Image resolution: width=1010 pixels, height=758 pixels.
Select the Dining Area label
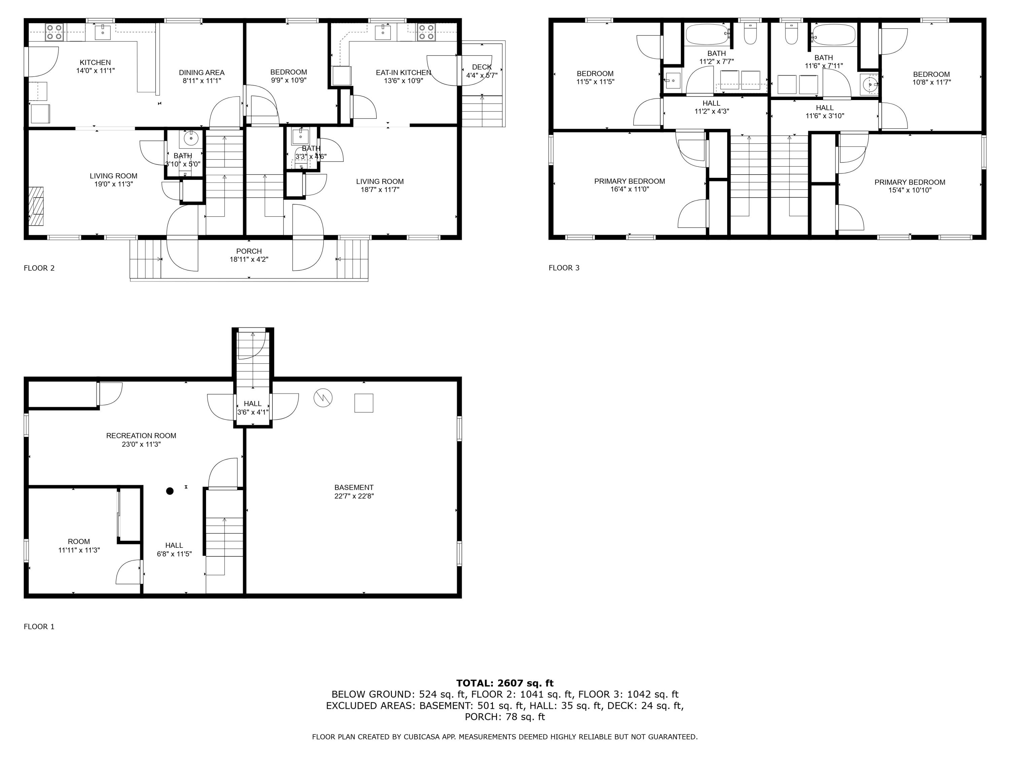(x=201, y=73)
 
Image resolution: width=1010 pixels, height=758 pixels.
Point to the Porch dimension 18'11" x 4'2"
(x=249, y=259)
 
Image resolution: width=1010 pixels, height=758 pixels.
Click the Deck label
(x=482, y=67)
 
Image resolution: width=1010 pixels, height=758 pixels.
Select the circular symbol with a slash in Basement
(x=323, y=398)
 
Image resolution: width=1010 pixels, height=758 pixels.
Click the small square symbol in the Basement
(x=364, y=403)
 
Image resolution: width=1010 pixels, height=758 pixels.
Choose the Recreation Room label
(x=141, y=435)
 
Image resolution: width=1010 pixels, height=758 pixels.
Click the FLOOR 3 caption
(x=564, y=268)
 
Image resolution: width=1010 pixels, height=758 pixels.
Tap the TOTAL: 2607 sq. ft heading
(x=505, y=683)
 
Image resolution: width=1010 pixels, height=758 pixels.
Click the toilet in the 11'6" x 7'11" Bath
(x=791, y=35)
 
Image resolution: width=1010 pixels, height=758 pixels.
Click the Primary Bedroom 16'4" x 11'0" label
(x=629, y=181)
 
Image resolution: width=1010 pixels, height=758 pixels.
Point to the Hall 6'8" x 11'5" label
(x=174, y=545)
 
